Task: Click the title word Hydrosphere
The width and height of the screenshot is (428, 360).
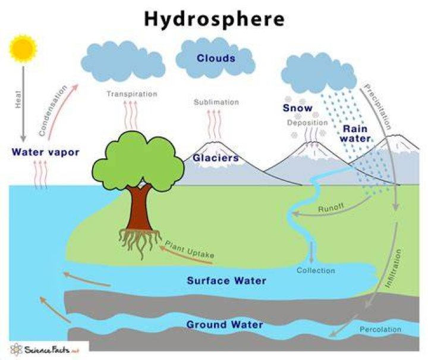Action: coord(214,20)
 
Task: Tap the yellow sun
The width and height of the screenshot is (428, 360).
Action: coord(23,49)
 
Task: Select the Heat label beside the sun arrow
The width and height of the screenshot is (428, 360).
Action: coord(18,99)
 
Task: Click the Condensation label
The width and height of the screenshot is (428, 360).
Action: coord(53,111)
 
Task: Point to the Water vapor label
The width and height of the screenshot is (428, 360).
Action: coord(46,152)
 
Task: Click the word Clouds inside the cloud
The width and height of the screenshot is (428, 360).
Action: coord(216,58)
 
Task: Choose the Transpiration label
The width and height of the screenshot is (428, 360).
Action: coord(132,94)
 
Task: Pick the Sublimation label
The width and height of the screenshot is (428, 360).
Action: coord(216,102)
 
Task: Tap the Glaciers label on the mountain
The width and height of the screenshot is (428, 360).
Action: coord(216,158)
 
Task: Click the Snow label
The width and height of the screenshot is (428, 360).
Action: coord(298,108)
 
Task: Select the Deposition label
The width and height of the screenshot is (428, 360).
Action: coord(307,123)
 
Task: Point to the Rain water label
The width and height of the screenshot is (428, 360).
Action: coord(355,133)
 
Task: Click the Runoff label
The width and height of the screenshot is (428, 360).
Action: coord(331,208)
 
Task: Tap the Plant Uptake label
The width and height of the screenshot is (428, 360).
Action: coord(190,249)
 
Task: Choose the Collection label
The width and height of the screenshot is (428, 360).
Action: coord(316,270)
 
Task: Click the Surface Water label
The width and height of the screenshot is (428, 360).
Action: coord(226,281)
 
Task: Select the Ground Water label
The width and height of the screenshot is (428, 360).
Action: coord(225,325)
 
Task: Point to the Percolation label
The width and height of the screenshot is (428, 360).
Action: coord(380,330)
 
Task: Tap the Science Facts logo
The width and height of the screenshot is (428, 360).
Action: coord(45,350)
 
